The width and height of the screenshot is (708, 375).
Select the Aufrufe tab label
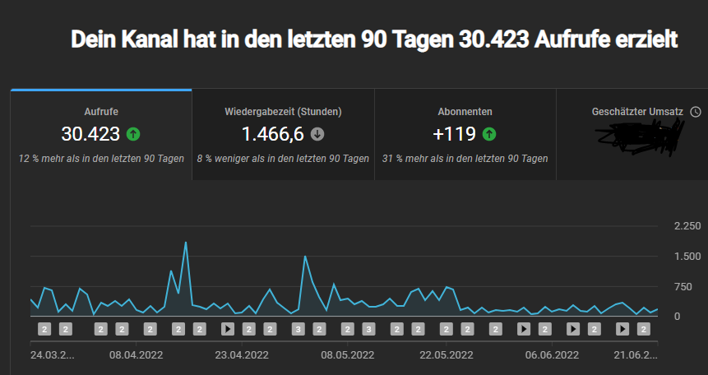(101, 112)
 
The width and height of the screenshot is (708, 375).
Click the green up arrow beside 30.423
(133, 134)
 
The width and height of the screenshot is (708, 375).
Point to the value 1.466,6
(272, 134)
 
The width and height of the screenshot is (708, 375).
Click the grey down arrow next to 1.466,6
(317, 134)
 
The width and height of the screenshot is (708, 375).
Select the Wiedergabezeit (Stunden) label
(283, 112)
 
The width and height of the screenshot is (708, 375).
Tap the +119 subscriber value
(455, 134)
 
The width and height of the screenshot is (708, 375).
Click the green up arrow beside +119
(488, 134)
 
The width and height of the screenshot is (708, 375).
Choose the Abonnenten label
(465, 112)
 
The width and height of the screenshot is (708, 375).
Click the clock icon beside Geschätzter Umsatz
(696, 112)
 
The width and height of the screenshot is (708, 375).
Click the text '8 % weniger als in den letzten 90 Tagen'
(283, 159)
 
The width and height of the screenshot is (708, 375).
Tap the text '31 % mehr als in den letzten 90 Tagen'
(465, 159)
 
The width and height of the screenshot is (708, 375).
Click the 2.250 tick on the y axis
(687, 226)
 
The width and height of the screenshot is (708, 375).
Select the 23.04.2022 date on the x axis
(242, 355)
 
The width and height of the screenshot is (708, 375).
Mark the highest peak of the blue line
(186, 243)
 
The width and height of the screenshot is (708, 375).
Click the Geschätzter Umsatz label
(638, 112)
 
